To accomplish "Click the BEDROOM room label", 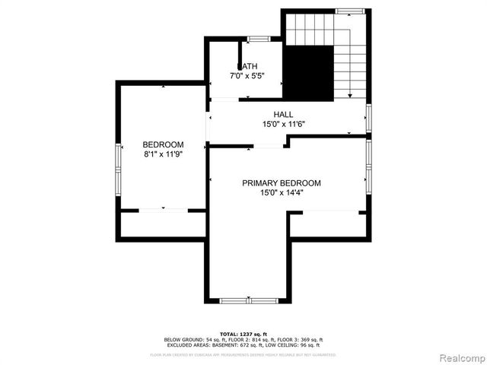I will [x=163, y=144].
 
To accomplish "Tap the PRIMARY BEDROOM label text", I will [x=281, y=183].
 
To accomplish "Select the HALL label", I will [x=284, y=114].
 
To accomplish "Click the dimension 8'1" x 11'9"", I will [x=163, y=154].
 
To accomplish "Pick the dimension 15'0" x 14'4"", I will [x=281, y=192].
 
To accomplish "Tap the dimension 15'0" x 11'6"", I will [x=284, y=123].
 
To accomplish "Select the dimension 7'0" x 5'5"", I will [x=249, y=75].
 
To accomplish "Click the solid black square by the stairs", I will [x=309, y=71].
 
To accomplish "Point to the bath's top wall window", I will [x=258, y=38].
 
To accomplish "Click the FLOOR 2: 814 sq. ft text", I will [x=246, y=339].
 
